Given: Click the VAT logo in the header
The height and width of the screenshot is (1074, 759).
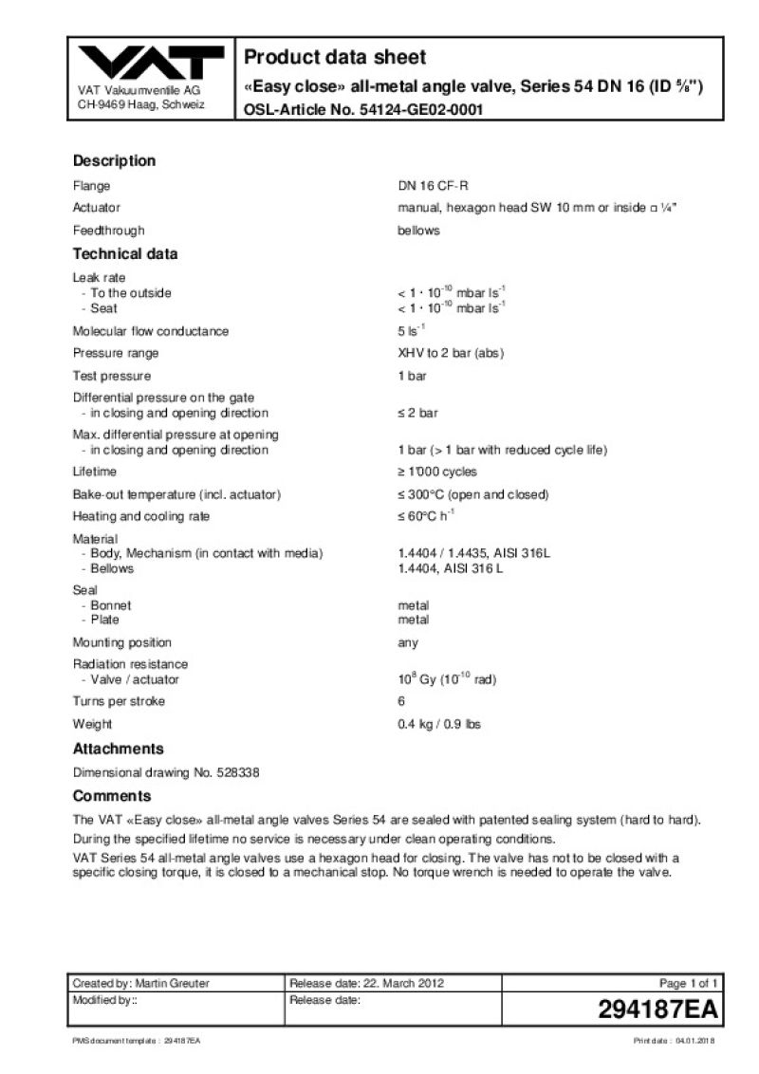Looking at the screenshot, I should point(152,64).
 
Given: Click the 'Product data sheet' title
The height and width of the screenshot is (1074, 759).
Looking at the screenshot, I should point(335,57).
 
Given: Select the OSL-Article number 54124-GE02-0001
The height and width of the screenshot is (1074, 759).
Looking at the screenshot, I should point(422,110).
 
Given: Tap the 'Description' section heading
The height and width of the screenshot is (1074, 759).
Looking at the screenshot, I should point(114,160).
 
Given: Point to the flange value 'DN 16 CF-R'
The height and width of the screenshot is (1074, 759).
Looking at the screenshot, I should point(433,186).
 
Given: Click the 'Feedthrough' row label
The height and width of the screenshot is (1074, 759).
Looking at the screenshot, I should point(109,231).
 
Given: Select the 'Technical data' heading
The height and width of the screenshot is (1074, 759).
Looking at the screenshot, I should point(125,254).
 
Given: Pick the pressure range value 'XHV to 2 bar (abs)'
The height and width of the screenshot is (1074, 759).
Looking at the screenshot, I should point(450,353).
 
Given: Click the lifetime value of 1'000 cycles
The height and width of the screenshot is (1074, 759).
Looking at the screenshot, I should point(437,472).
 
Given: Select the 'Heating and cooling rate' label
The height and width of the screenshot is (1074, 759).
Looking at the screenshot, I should point(141,516).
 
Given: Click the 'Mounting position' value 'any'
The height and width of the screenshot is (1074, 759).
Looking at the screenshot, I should point(408,642).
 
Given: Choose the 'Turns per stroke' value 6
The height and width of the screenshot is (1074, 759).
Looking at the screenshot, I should point(401,701).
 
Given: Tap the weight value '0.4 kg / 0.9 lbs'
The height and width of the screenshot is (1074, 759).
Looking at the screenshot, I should point(439,725).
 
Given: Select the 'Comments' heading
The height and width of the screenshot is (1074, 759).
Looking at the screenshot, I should point(112,796).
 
